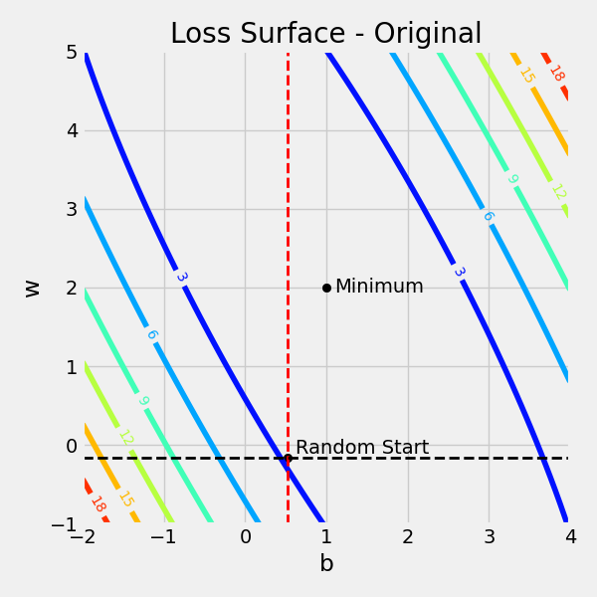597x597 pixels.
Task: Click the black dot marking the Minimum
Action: coord(326,288)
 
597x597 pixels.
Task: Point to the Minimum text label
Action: coord(379,287)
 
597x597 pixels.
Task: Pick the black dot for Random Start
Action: coord(288,459)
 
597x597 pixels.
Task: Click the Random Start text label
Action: coord(362,448)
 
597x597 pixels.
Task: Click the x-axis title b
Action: coord(326,564)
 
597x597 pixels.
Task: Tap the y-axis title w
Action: coord(32,289)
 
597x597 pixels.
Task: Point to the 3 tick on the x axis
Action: coord(489,538)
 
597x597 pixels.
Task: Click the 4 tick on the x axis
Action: coord(570,538)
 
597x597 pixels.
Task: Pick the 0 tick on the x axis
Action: coord(245,538)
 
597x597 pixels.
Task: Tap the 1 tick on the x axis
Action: coord(326,538)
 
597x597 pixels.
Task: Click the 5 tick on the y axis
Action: coord(72,52)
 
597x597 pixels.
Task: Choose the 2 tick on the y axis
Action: coord(72,288)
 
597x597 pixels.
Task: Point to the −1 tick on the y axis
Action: coord(66,524)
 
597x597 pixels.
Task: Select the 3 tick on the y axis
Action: coord(72,209)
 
